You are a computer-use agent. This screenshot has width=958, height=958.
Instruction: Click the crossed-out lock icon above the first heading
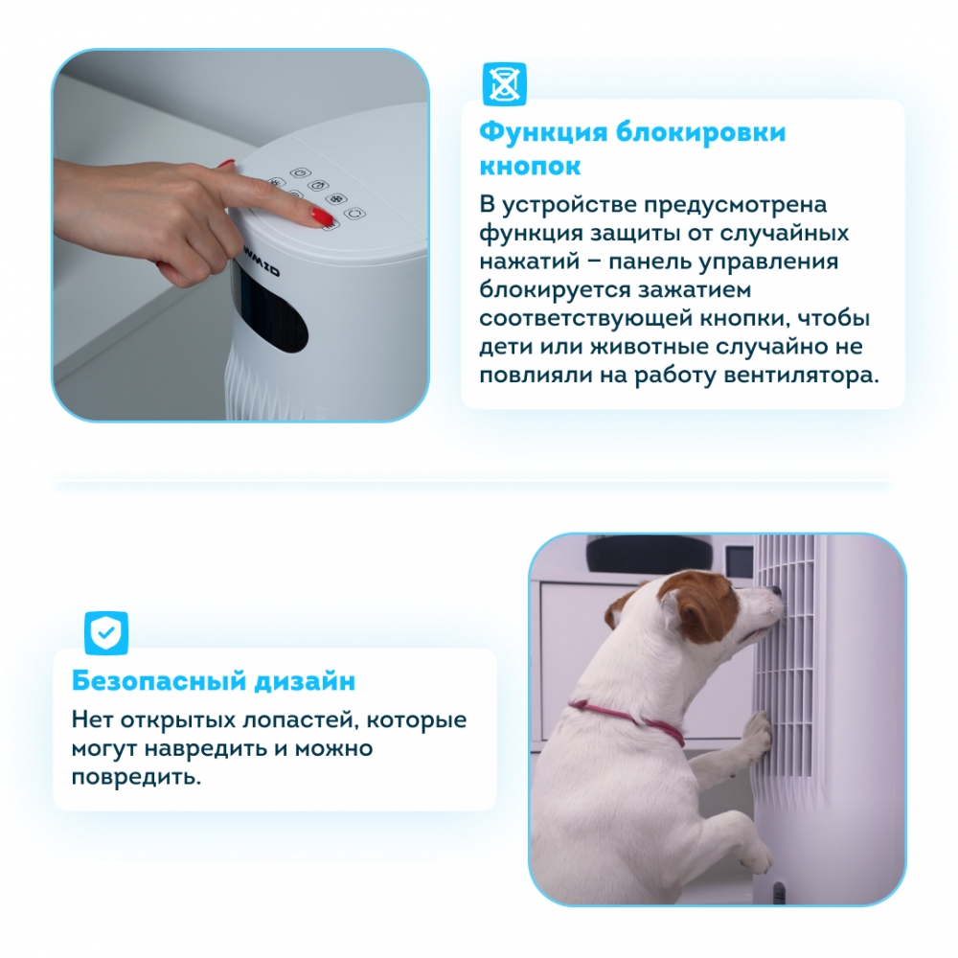(x=504, y=83)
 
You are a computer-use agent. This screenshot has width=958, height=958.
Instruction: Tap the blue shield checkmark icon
(x=106, y=632)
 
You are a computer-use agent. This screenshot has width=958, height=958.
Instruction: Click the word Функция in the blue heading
(x=543, y=132)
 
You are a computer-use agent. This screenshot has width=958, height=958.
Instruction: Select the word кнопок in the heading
(x=530, y=166)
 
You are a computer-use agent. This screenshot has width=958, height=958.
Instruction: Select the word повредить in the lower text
(x=136, y=777)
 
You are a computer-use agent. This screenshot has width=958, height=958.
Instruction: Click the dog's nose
(x=776, y=591)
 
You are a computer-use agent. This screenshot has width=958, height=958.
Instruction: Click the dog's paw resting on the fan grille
(x=757, y=731)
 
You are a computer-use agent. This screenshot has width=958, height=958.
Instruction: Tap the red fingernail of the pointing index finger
(x=321, y=216)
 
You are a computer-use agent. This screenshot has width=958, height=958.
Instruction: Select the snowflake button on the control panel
(x=336, y=198)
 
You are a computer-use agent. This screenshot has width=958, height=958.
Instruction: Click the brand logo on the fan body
(x=257, y=266)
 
